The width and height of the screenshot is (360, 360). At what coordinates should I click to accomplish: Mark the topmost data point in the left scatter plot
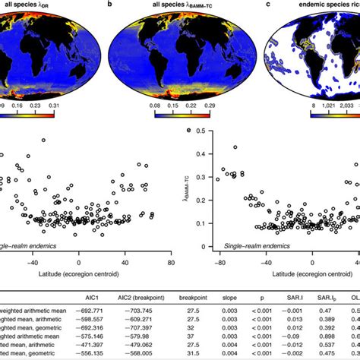pyautogui.click(x=43, y=140)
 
